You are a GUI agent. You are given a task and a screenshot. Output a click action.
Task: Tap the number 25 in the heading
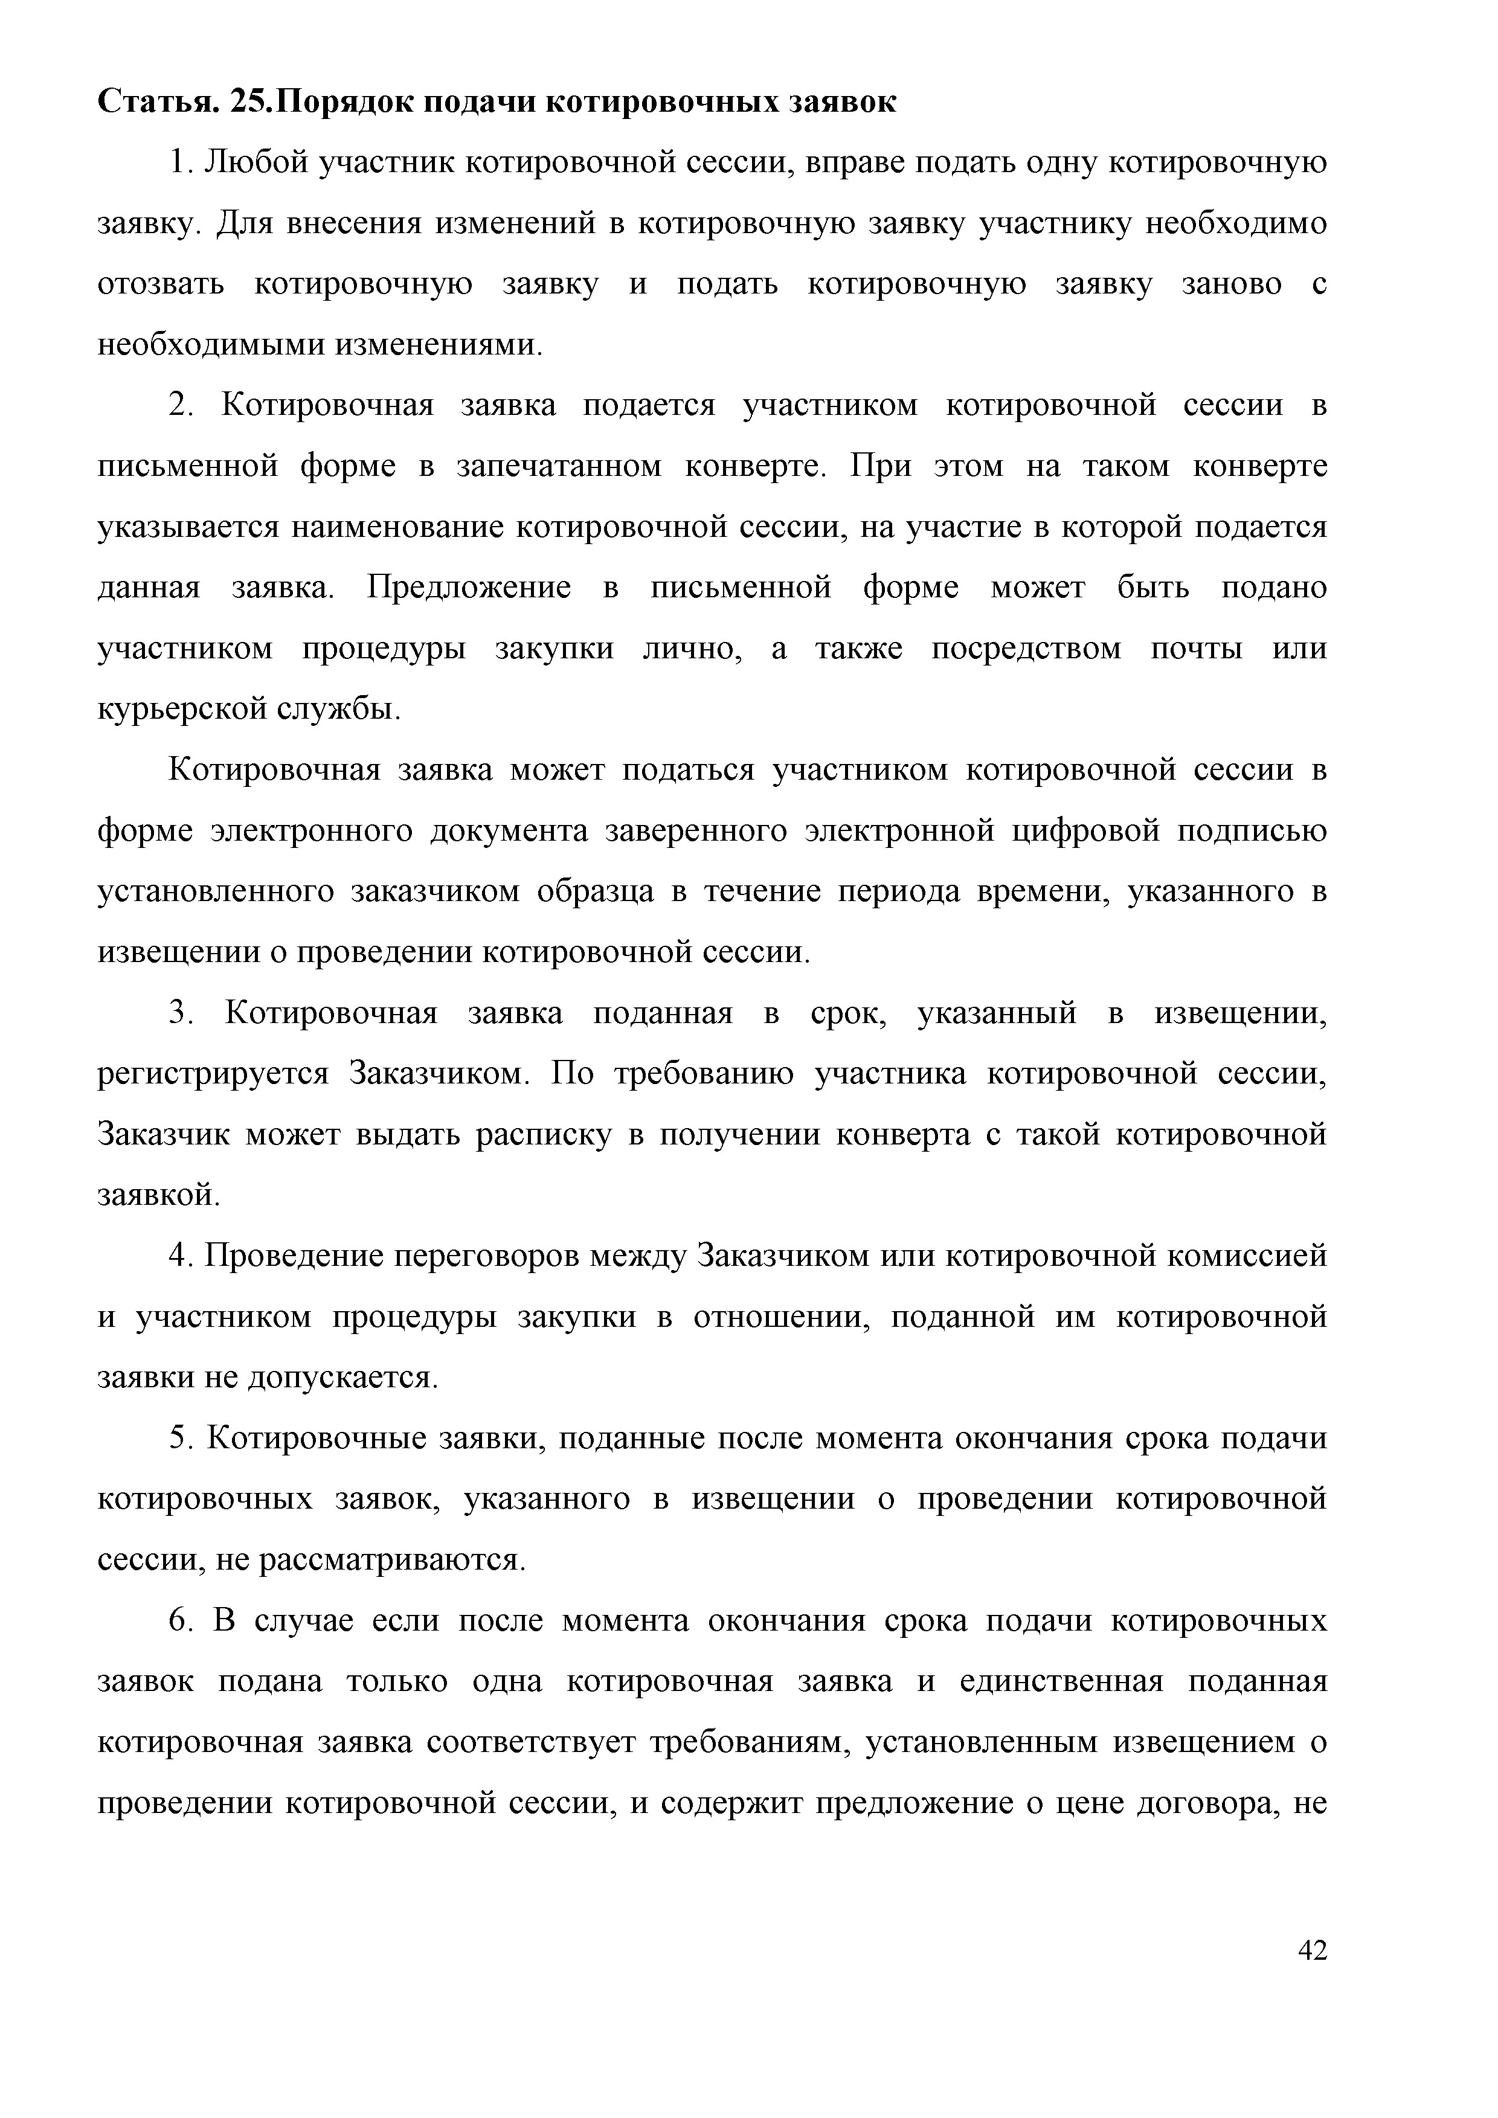click(x=251, y=101)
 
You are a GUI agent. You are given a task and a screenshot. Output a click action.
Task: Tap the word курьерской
click(x=182, y=708)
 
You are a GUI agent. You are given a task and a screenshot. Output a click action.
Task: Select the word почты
click(x=1195, y=649)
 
